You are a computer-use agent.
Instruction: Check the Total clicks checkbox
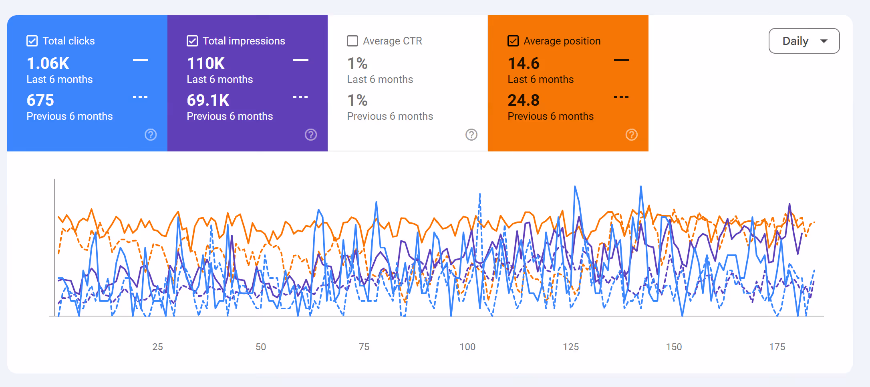point(32,41)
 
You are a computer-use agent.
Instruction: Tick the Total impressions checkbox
point(192,41)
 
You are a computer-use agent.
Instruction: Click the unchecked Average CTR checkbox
point(352,41)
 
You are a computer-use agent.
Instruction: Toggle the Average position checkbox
point(513,41)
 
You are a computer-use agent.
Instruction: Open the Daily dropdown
point(804,41)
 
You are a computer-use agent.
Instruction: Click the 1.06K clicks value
point(48,63)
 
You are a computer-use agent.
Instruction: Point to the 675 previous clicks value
point(40,100)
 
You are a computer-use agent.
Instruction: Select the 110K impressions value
point(206,63)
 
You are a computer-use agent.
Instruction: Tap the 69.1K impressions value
point(208,100)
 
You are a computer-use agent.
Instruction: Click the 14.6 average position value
point(524,63)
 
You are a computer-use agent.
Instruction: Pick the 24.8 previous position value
point(524,100)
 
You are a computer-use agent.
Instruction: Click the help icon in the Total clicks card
point(151,135)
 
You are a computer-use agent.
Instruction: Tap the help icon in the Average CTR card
point(471,135)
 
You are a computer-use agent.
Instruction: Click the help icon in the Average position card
point(632,135)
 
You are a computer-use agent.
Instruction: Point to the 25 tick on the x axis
point(157,347)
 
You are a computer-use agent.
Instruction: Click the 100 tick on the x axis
point(467,347)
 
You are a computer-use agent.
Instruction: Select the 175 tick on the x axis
point(777,347)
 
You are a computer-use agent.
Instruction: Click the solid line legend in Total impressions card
point(301,60)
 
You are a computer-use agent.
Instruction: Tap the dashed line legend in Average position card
point(621,97)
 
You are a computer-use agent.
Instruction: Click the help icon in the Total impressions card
point(311,135)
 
